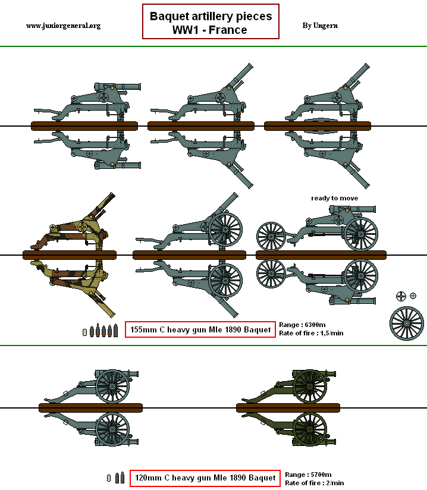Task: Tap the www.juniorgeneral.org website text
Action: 64,26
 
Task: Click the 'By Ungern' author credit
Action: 319,26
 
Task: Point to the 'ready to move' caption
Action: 335,198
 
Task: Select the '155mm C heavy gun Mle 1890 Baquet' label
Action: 200,329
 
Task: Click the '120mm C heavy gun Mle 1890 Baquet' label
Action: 205,478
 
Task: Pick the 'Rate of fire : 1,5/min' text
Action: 311,333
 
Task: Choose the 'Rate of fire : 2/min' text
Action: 314,483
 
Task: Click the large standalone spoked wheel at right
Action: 406,323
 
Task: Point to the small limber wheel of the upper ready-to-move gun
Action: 272,235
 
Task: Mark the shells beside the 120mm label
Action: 116,478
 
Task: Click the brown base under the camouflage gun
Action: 69,255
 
